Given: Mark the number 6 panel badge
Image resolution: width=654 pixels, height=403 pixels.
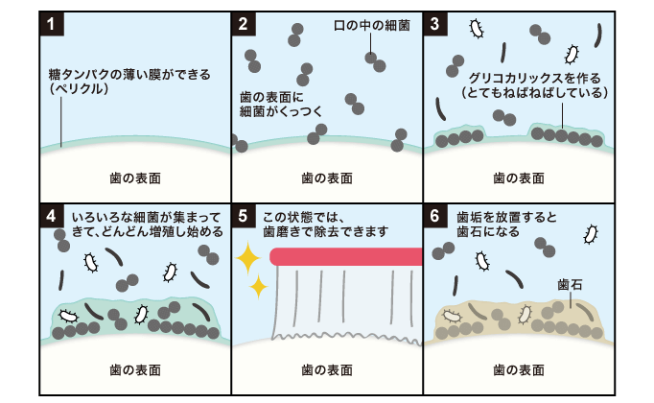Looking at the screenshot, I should pyautogui.click(x=435, y=215).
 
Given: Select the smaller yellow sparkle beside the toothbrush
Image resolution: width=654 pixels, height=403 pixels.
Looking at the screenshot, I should pyautogui.click(x=258, y=286).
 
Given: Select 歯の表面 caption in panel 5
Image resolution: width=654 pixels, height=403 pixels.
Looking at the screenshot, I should pyautogui.click(x=327, y=368).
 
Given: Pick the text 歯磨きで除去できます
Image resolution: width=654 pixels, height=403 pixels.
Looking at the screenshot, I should pyautogui.click(x=328, y=231).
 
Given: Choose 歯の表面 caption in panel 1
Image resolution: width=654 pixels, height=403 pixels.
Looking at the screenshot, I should pyautogui.click(x=135, y=178).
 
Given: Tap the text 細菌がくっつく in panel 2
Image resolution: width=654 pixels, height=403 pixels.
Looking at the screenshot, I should pyautogui.click(x=280, y=111).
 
